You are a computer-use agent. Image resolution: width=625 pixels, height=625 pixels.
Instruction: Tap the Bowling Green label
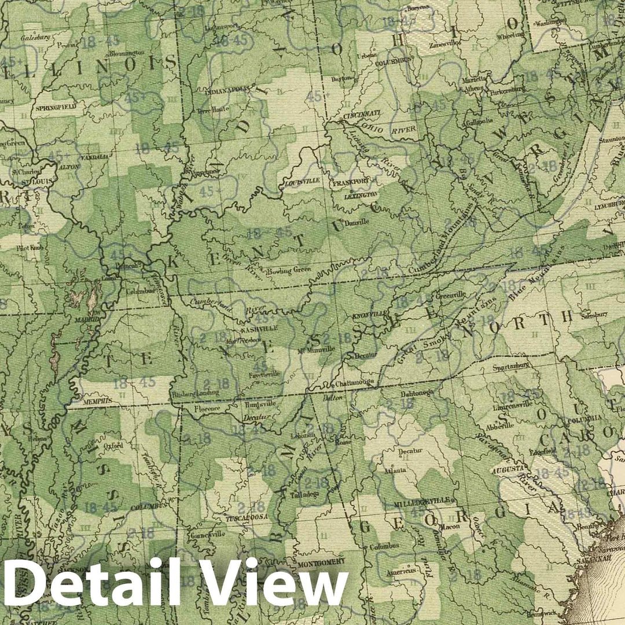289,270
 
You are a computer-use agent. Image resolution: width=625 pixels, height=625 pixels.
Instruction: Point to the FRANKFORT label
351,181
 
